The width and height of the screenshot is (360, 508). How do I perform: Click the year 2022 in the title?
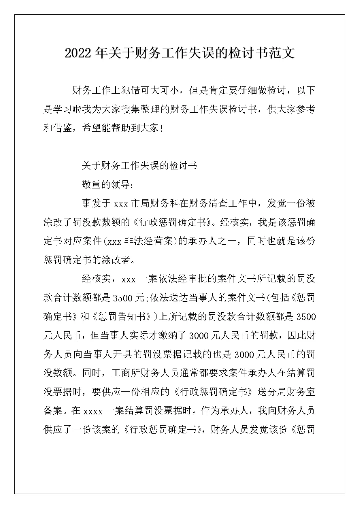[x=79, y=54]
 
